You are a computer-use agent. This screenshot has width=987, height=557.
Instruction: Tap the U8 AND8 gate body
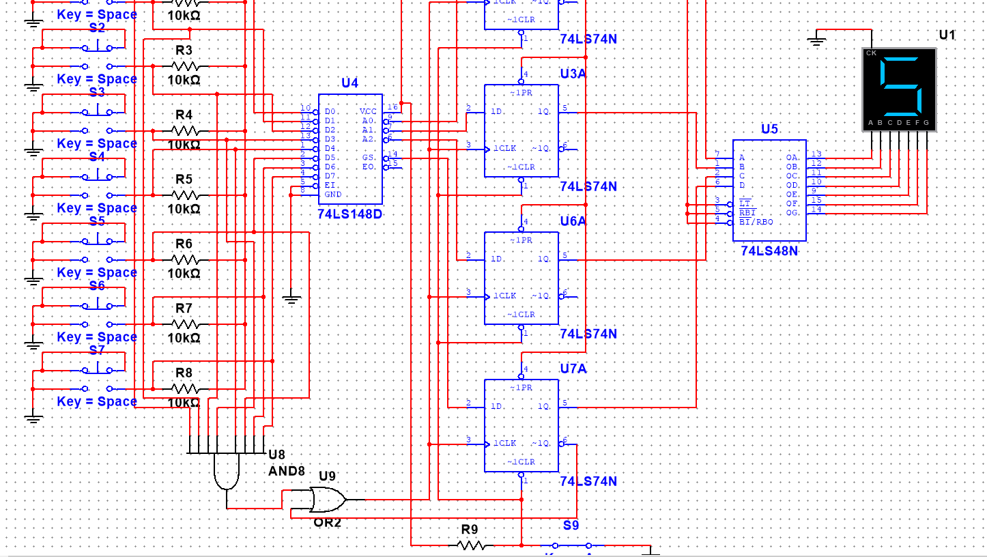[x=227, y=472]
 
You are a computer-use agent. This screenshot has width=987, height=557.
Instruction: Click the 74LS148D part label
[x=349, y=214]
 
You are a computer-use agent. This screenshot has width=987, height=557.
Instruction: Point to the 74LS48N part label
[x=769, y=251]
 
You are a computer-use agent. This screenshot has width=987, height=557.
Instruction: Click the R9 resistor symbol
[x=471, y=545]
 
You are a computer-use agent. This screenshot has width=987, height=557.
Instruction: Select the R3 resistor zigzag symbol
[x=185, y=66]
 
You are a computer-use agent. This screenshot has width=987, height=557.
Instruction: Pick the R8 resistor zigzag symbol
[x=185, y=388]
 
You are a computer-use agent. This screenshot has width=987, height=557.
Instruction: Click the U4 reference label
[x=349, y=83]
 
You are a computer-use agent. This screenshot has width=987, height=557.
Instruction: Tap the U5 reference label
[x=769, y=129]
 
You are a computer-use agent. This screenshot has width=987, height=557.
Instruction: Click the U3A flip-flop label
[x=573, y=74]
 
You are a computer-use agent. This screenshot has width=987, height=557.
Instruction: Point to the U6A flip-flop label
[x=573, y=221]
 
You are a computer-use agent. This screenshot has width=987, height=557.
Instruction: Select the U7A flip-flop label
[x=573, y=369]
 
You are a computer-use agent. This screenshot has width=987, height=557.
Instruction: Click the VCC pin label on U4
[x=368, y=111]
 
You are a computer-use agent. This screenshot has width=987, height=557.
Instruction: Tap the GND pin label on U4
[x=332, y=195]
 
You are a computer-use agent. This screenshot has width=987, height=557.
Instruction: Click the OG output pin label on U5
[x=792, y=213]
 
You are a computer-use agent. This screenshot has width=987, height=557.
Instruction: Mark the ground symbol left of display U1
[x=816, y=41]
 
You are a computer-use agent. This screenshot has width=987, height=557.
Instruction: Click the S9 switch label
[x=571, y=525]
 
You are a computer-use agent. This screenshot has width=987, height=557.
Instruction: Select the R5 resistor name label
[x=184, y=180]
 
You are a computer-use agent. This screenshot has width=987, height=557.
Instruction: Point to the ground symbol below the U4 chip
[x=291, y=298]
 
